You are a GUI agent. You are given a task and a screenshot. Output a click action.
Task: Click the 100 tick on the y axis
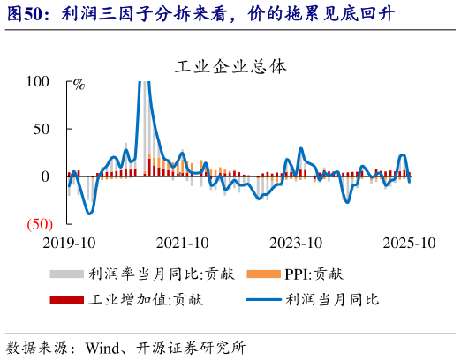tap(38, 81)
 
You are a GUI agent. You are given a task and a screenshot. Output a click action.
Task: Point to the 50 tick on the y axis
tap(42, 129)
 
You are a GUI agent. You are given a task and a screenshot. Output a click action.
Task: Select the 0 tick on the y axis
tap(45, 176)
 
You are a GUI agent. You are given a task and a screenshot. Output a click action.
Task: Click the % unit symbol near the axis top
tap(79, 86)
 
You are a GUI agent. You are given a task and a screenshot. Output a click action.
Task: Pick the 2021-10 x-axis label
tap(183, 243)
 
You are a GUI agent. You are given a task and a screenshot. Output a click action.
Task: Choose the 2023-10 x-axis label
tap(296, 243)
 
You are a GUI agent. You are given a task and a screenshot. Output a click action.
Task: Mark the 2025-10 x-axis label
tap(409, 243)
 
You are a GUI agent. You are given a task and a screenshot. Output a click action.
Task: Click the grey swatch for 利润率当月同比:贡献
tap(66, 274)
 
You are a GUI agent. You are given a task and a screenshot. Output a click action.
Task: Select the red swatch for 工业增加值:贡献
tap(66, 300)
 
